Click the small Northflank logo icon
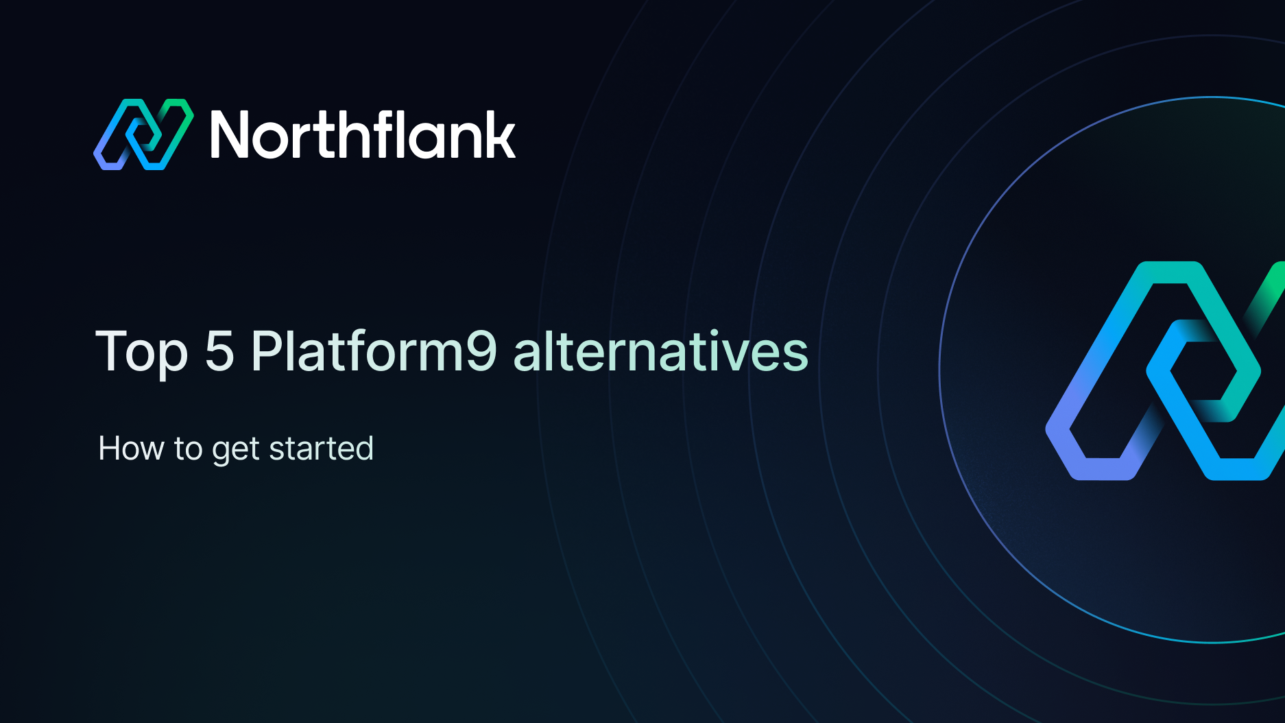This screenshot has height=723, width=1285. pyautogui.click(x=143, y=134)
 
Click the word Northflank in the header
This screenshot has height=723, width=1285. pyautogui.click(x=363, y=135)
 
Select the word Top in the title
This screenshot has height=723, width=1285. pyautogui.click(x=141, y=351)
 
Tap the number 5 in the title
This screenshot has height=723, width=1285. pyautogui.click(x=219, y=351)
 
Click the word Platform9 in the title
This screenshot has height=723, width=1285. pyautogui.click(x=374, y=351)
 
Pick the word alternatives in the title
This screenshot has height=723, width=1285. pyautogui.click(x=660, y=351)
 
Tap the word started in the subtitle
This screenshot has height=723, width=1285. pyautogui.click(x=321, y=449)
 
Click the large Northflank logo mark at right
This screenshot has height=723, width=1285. pyautogui.click(x=1166, y=371)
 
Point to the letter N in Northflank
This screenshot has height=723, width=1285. pyautogui.click(x=232, y=135)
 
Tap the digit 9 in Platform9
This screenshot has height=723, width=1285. pyautogui.click(x=481, y=351)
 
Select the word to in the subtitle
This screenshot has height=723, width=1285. pyautogui.click(x=188, y=449)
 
